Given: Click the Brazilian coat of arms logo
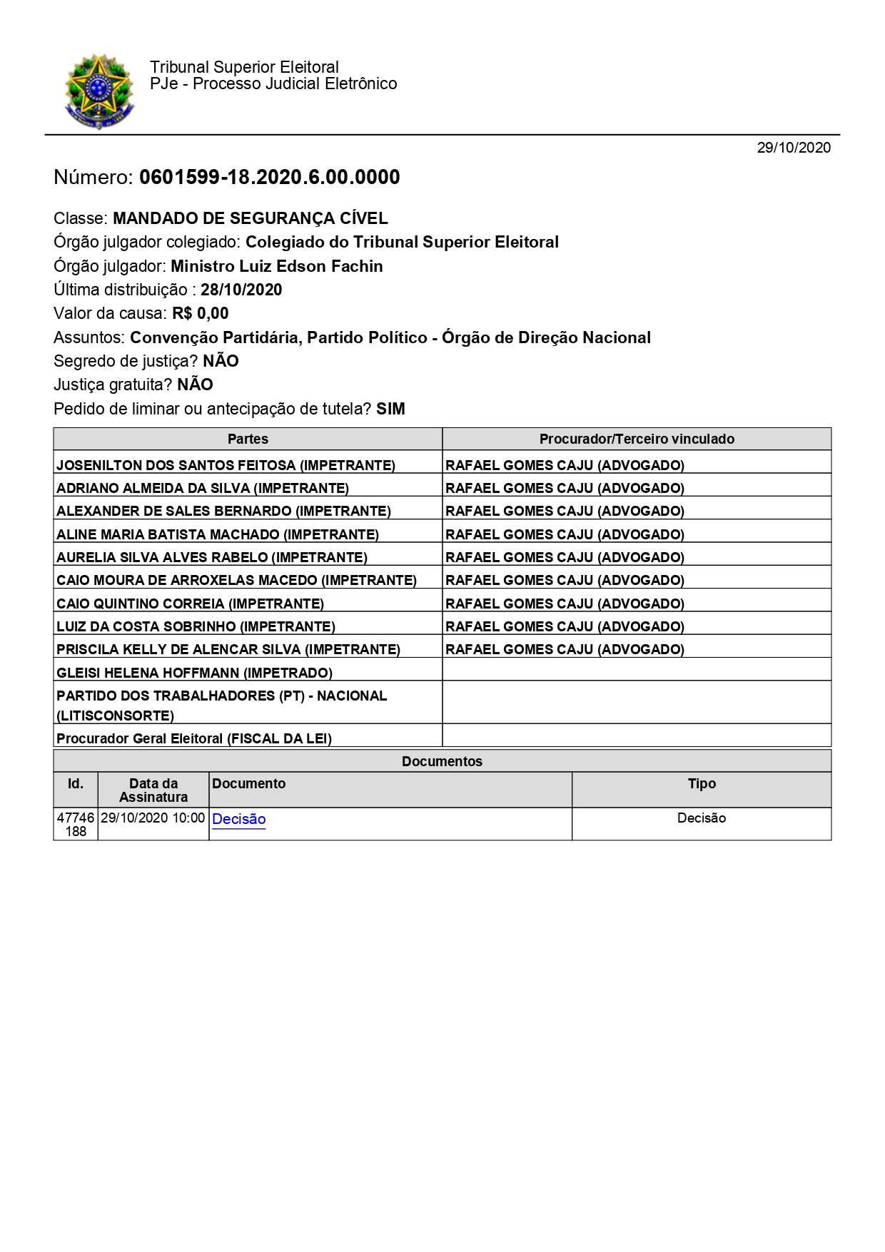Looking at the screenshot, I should coord(99,91).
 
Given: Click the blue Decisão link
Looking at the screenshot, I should coord(239,819).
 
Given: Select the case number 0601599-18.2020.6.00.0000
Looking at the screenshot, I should coord(269,177).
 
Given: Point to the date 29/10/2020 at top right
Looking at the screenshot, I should coord(794,148).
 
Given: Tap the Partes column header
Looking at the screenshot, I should coord(248,439).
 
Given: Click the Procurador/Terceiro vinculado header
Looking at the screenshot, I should coord(637,439).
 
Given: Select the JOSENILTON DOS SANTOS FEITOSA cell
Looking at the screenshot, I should coord(226,465).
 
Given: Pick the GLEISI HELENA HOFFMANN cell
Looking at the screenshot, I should coord(194,673).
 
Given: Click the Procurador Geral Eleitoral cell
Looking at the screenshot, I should coord(194,738).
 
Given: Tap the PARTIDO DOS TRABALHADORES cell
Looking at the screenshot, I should coord(221,705).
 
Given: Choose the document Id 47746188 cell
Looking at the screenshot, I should coord(76,824).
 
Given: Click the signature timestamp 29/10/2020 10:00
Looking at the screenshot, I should coord(153,818).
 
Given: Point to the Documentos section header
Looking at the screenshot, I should coord(442,761).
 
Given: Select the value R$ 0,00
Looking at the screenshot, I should coord(200,313).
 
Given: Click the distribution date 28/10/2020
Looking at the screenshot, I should coord(241,290).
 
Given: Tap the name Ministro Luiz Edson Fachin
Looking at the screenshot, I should coord(277,266).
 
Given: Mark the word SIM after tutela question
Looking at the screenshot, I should coord(390,409).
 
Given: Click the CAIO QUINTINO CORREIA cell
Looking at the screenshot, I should coord(190,604).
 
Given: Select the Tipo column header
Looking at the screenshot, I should coord(702,783).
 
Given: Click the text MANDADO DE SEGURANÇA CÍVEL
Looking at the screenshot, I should coord(251,218).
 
